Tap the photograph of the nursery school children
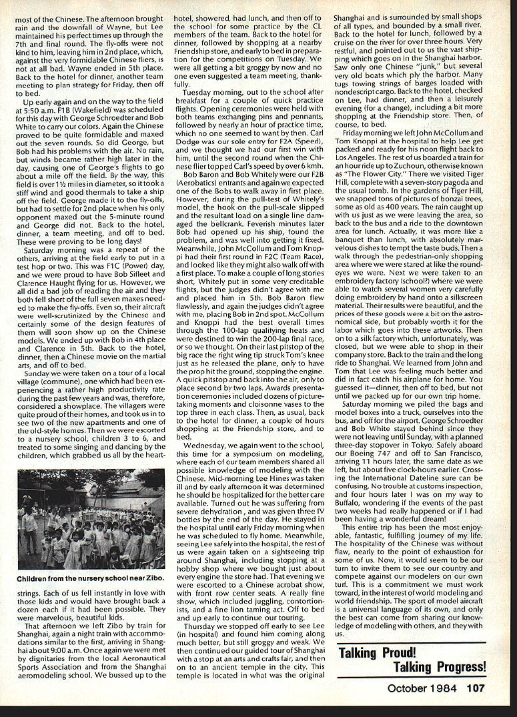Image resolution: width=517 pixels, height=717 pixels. pos(91,520)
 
